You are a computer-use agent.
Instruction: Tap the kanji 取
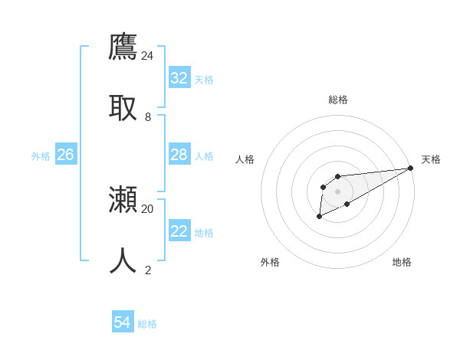[x=123, y=107]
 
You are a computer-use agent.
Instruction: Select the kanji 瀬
[x=123, y=201]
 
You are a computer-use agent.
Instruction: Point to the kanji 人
[x=123, y=261]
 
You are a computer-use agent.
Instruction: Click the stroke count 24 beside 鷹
[x=147, y=56]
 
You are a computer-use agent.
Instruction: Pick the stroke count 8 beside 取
[x=148, y=117]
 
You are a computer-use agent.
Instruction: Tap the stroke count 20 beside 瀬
[x=147, y=208]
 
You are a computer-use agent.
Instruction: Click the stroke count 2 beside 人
[x=148, y=270]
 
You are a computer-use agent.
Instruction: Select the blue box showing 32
[x=179, y=78]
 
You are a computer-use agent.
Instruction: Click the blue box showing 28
[x=179, y=155]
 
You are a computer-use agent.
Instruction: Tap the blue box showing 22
[x=179, y=231]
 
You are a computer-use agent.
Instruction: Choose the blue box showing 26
[x=65, y=155]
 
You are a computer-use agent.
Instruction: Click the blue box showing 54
[x=123, y=323]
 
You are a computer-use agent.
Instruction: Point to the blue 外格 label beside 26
[x=41, y=156]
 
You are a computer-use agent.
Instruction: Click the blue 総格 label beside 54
[x=147, y=324]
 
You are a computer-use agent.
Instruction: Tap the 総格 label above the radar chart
[x=337, y=100]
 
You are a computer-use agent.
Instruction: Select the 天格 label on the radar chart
[x=431, y=159]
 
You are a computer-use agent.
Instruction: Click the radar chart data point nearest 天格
[x=410, y=168]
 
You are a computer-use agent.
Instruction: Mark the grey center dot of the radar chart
[x=337, y=191]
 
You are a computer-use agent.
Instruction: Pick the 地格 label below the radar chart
[x=402, y=262]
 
